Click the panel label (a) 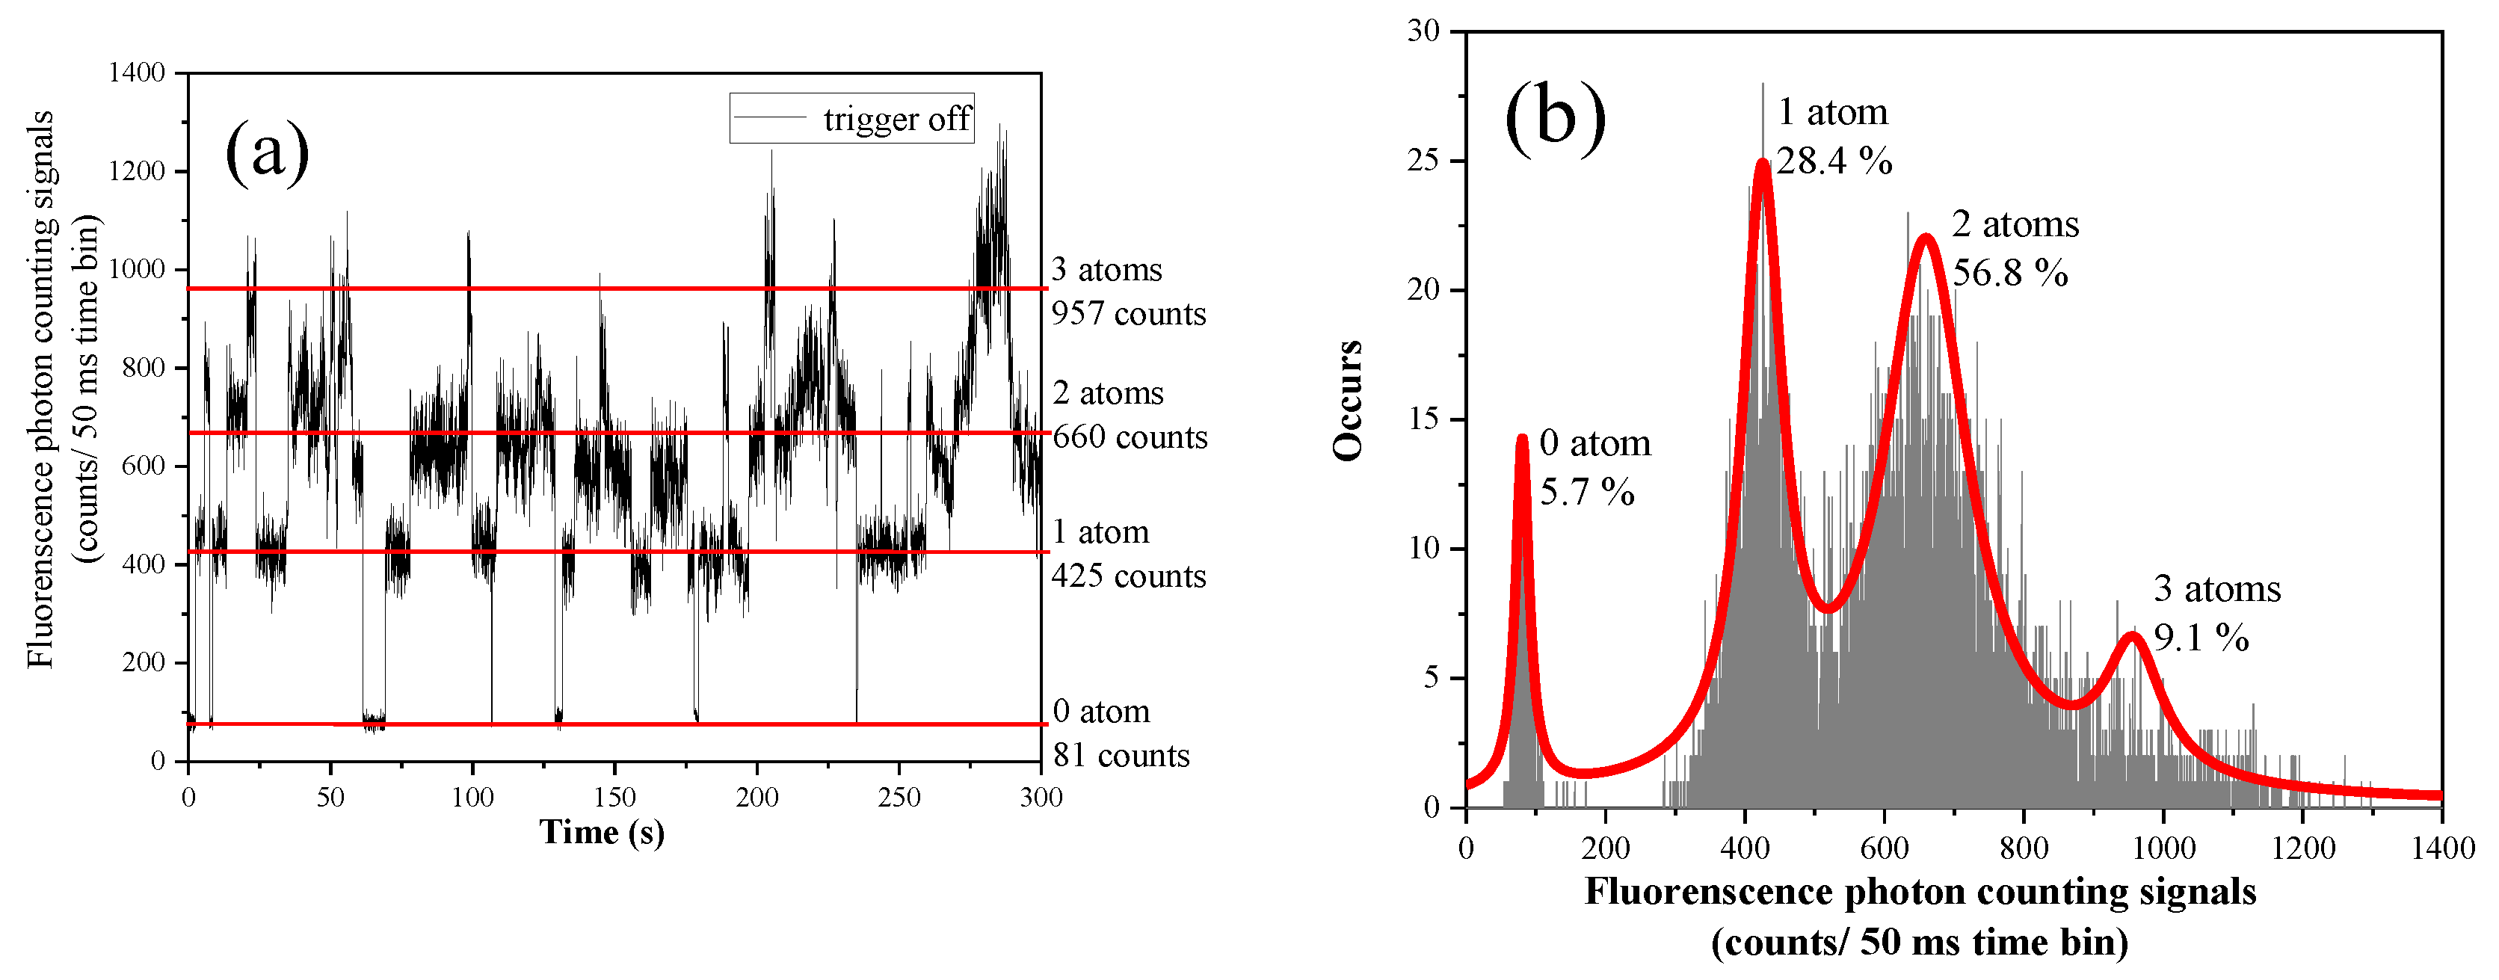[267, 152]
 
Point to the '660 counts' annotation [1130, 437]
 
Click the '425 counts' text [1128, 576]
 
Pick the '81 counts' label [1121, 756]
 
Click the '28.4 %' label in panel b [1834, 161]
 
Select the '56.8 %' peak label [2010, 274]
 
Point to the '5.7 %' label [1587, 493]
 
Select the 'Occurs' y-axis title [1349, 401]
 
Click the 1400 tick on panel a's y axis [137, 73]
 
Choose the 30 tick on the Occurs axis [1423, 31]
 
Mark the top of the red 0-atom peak [1522, 439]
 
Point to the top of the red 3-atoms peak [2132, 638]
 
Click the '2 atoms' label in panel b [2015, 225]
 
